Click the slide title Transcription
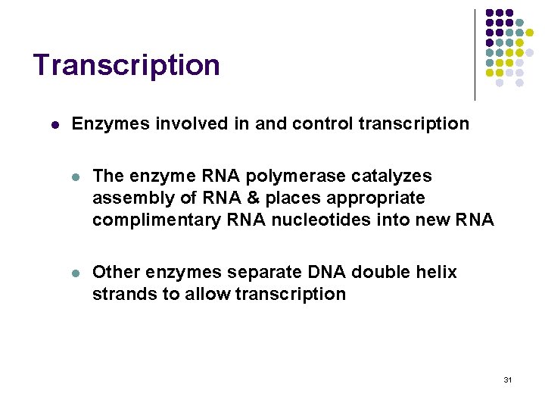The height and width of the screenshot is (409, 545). pos(126,65)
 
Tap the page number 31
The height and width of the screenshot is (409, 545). pos(507,379)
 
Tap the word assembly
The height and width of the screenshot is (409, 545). pos(126,198)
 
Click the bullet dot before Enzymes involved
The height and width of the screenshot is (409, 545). pos(48,123)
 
